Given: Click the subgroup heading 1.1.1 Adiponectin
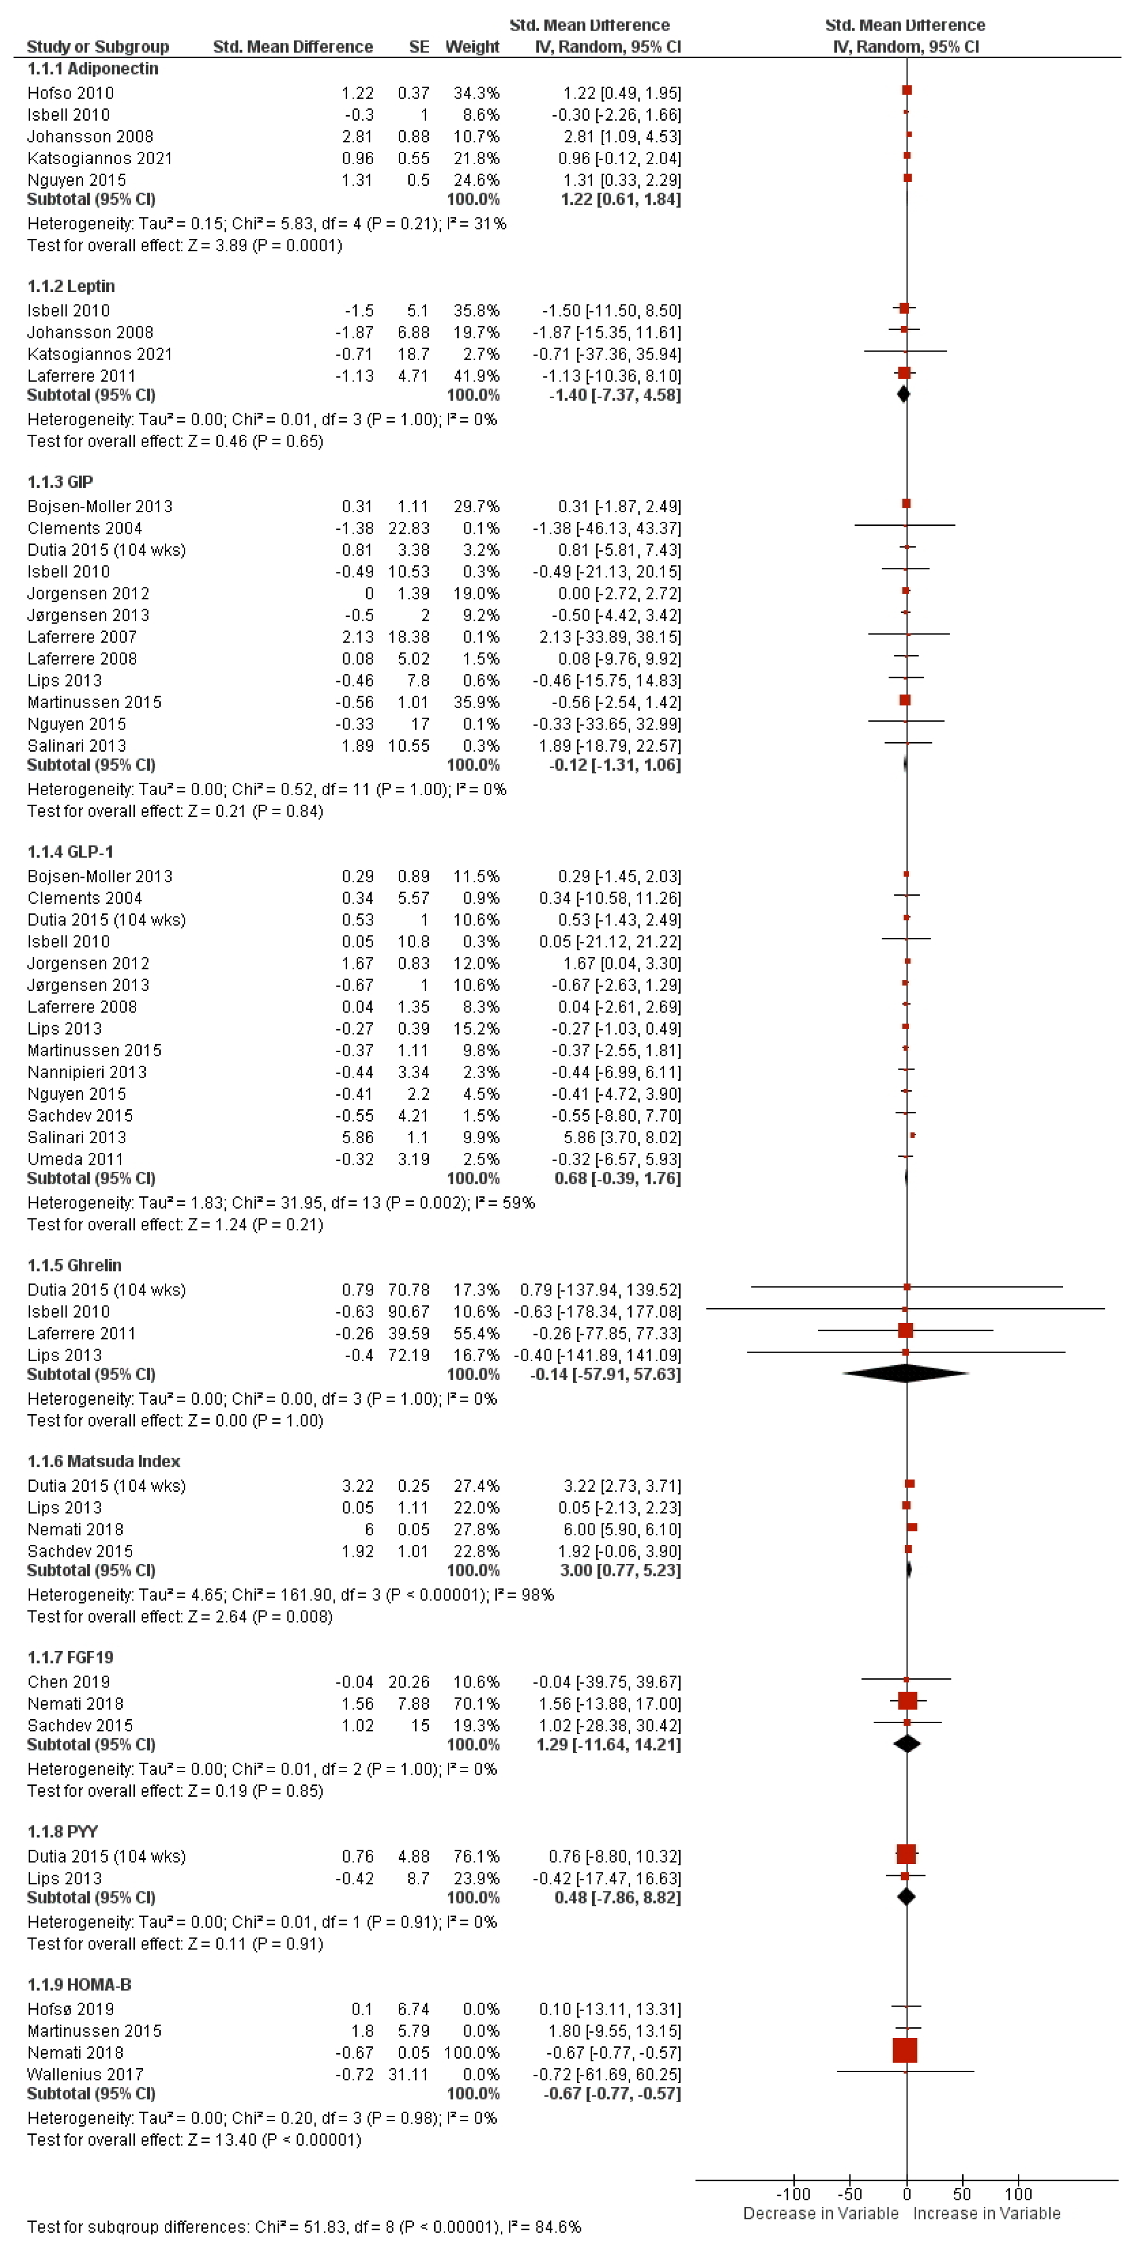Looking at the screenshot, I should [93, 68].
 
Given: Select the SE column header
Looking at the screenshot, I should [419, 47].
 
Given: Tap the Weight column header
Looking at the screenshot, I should [472, 47].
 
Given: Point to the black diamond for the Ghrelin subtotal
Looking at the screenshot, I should [906, 1374].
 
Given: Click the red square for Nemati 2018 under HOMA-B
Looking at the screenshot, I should [905, 2050].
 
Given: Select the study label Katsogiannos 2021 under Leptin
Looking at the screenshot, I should [100, 354].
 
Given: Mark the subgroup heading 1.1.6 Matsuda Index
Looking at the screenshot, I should [103, 1461].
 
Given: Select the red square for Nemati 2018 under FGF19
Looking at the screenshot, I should [907, 1700].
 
